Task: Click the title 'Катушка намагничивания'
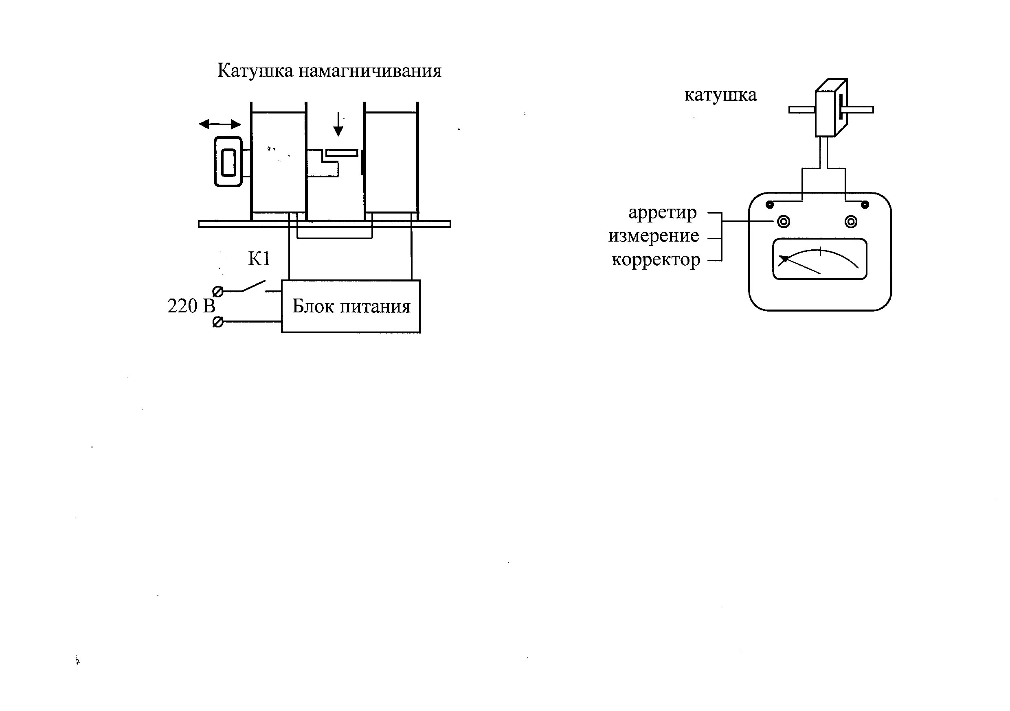tap(329, 71)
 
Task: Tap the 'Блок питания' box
tap(351, 306)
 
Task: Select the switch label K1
tap(259, 259)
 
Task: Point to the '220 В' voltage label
tap(191, 306)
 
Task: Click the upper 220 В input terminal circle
tap(218, 291)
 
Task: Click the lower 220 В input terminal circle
tap(218, 322)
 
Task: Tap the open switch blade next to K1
tap(253, 286)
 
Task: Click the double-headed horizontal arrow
tap(220, 124)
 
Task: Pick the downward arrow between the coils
tap(338, 124)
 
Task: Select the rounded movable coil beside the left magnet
tap(228, 162)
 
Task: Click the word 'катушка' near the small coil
tap(720, 95)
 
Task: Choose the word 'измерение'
tap(654, 236)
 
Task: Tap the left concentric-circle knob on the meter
tap(784, 221)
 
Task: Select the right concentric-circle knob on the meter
tap(851, 221)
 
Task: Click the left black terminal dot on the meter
tap(770, 204)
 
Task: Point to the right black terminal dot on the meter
tap(865, 204)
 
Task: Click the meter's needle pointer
tap(799, 264)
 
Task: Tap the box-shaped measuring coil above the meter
tap(831, 108)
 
